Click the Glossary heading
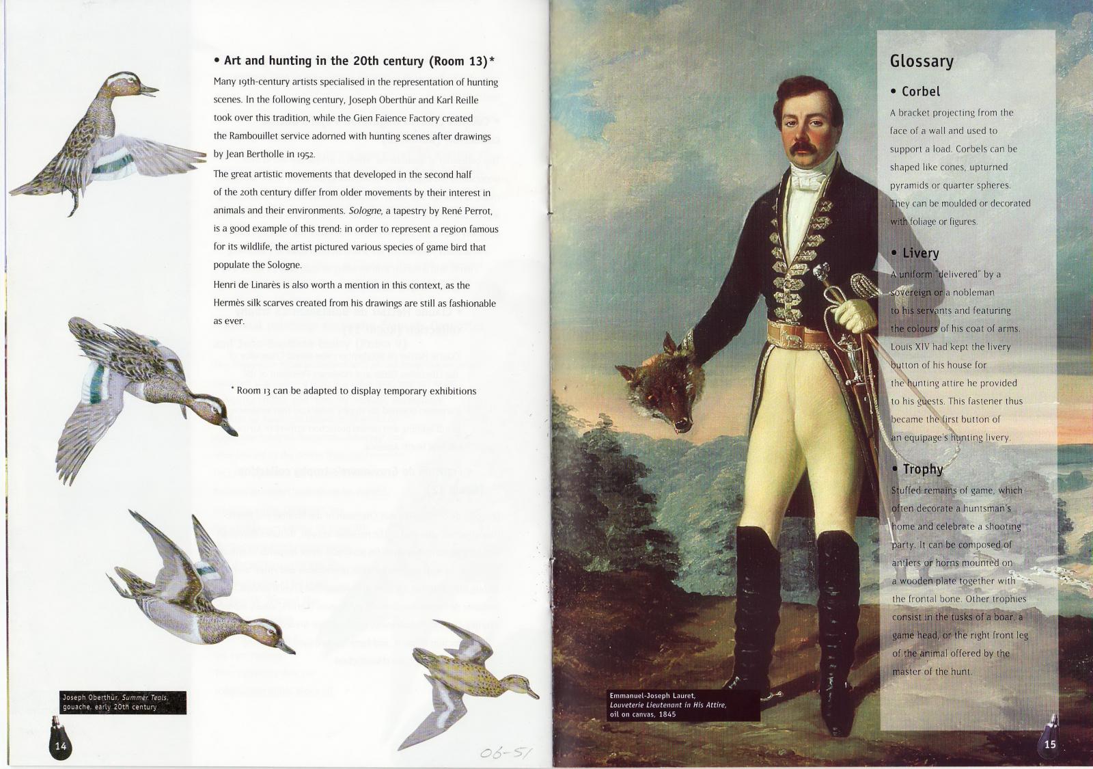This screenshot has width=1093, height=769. (921, 62)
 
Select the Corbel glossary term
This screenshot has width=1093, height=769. (920, 92)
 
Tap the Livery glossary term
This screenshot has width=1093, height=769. (920, 254)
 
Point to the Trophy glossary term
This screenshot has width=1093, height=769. (922, 470)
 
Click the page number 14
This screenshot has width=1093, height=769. (61, 746)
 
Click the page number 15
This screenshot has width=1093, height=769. (1050, 744)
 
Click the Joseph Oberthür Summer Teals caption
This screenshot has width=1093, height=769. (115, 702)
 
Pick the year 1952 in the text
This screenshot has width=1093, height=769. (304, 154)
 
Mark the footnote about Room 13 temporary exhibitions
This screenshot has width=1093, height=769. (355, 391)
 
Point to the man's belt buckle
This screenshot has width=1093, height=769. (795, 334)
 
